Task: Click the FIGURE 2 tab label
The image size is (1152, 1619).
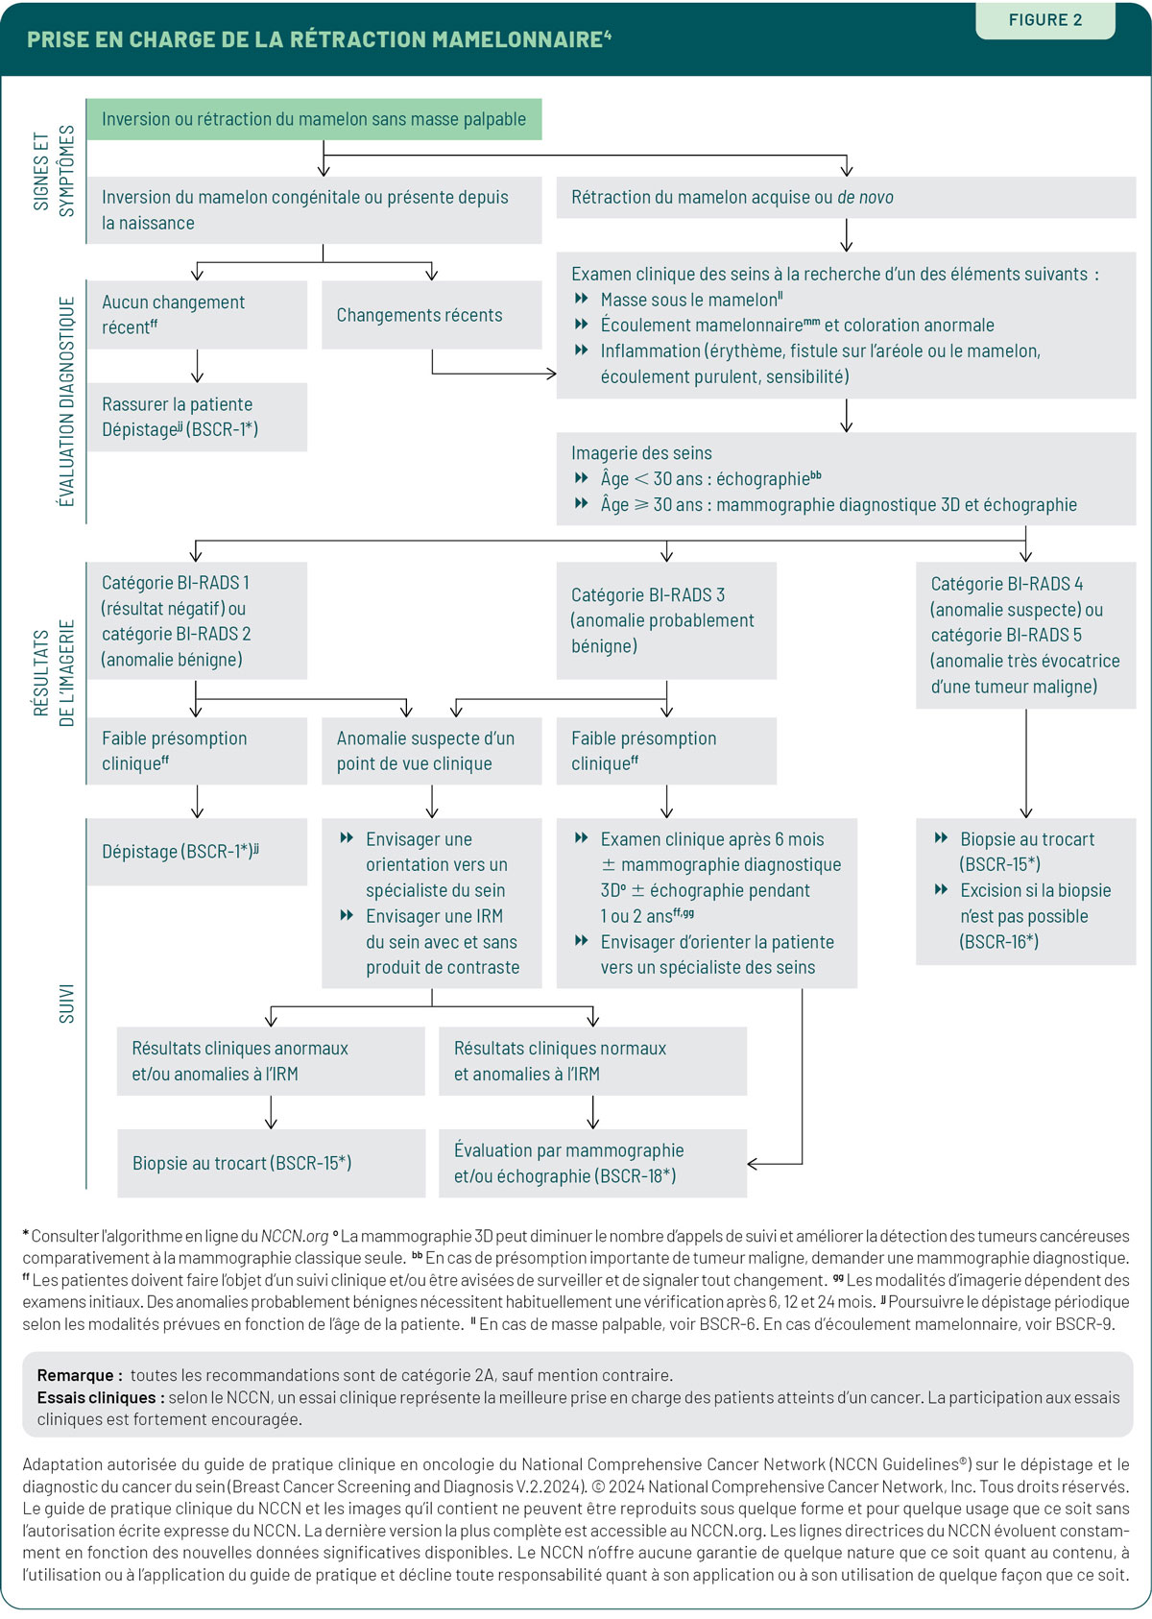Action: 1045,19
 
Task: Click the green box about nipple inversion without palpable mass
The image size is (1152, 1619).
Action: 314,119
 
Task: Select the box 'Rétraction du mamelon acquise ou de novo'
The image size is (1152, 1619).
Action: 846,197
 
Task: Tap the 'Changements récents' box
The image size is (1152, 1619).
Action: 431,315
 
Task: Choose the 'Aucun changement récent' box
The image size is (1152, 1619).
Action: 198,315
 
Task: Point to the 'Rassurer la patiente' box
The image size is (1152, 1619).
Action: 198,417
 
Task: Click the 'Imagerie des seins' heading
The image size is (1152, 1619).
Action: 642,453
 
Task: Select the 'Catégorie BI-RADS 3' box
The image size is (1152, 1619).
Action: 666,621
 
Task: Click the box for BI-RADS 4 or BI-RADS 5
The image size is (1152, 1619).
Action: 1025,636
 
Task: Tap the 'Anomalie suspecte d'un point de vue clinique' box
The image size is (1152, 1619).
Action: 431,751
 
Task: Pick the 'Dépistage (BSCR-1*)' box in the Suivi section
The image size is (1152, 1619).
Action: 198,852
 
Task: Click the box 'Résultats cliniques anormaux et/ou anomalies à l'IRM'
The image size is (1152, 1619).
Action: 271,1061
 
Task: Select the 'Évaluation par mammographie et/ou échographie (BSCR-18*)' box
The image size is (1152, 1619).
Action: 592,1163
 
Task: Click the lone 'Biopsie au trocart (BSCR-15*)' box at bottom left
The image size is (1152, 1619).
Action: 271,1163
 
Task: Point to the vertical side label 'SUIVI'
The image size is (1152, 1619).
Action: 66,1003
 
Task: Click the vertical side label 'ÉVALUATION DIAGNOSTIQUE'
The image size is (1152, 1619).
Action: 66,401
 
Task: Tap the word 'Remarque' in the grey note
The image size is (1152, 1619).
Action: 75,1375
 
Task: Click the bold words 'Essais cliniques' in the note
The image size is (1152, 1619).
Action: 96,1397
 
